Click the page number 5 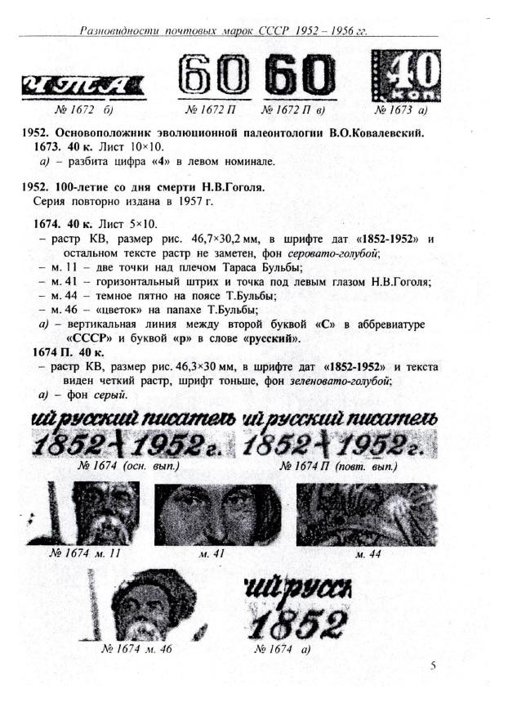point(434,665)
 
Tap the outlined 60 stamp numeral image point(214,77)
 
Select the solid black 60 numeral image point(297,78)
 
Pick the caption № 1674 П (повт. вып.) point(338,467)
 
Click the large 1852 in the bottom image point(295,625)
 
